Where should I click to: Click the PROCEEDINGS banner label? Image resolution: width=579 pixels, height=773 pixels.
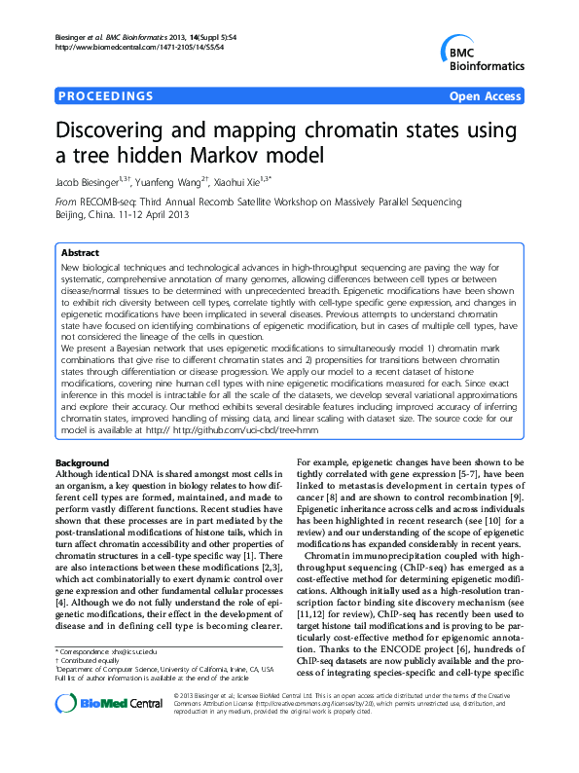click(x=106, y=96)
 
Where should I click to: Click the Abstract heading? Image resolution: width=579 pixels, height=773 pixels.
click(x=81, y=251)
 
